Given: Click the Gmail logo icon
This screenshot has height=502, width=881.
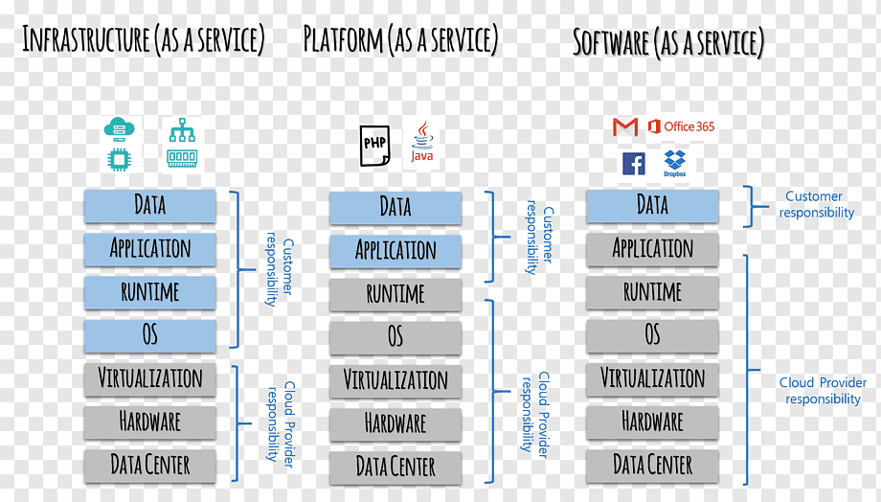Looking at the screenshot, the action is pos(624,127).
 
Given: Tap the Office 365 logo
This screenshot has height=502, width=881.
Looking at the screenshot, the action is pos(681,126).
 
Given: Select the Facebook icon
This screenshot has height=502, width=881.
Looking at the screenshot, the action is pos(634,164).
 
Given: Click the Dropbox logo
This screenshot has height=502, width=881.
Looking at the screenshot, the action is pos(675,164).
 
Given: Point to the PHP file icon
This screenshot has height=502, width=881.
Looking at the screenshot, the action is pos(374,146).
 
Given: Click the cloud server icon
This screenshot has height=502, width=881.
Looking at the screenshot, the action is pos(119,129).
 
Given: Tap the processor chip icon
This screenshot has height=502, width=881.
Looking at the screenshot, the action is pos(119,160).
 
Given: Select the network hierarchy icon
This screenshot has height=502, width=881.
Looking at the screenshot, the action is pos(182,130).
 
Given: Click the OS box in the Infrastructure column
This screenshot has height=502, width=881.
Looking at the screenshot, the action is pos(150,335).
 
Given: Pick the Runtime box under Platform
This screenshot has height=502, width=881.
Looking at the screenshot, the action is pos(395,294).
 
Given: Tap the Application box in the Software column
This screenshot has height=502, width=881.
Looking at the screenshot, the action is pos(652,249).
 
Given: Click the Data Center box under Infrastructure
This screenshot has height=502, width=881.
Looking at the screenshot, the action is pos(150,466).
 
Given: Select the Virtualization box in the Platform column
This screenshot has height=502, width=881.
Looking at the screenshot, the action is pos(395,380).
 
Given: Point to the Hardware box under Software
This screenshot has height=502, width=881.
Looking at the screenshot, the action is pos(652,422).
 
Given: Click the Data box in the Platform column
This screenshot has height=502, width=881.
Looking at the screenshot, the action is pos(395,208).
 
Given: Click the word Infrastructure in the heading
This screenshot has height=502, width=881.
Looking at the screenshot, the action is pos(86,39).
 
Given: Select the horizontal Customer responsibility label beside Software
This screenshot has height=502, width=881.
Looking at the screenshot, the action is pos(816,204).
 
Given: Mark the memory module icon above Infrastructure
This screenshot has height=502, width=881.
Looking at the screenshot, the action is pos(182,158).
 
